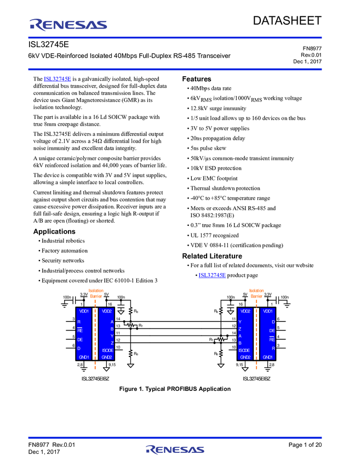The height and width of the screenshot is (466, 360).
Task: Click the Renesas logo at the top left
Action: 68,25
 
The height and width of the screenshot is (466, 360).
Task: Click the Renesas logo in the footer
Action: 175,450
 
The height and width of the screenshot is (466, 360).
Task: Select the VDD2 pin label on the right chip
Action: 244,311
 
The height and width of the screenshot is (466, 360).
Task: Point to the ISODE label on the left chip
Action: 107,349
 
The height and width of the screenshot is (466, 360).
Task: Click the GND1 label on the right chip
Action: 268,357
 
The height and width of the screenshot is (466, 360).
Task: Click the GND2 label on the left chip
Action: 107,357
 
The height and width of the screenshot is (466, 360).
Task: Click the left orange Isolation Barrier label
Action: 96,293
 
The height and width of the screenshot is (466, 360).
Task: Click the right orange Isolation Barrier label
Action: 256,293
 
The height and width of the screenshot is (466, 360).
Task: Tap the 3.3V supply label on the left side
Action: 84,294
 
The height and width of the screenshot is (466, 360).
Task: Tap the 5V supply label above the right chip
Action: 244,294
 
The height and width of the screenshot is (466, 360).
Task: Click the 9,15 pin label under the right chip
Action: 239,364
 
